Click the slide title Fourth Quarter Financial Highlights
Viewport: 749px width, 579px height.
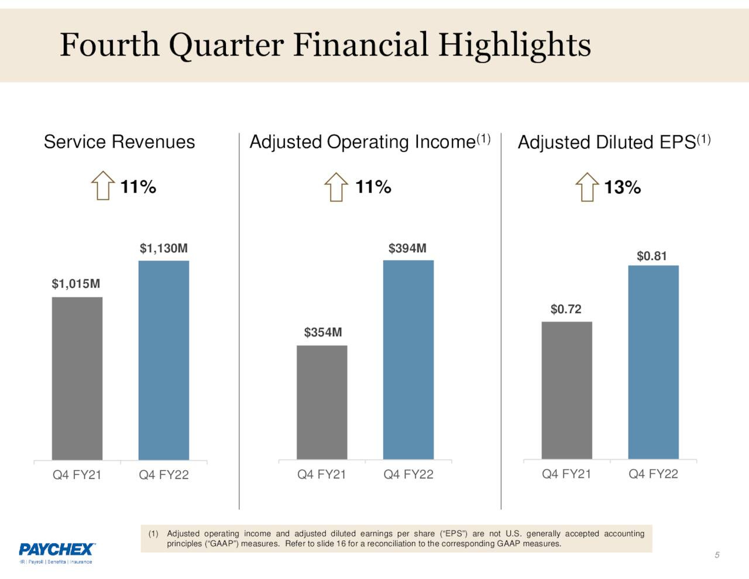pos(325,45)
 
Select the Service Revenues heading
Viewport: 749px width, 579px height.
pos(119,142)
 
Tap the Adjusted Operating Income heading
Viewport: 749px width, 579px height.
pos(363,142)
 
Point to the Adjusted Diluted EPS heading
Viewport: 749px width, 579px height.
pos(607,142)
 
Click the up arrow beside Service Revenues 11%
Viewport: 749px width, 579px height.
pos(103,186)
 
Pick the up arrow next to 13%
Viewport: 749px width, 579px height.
pos(587,187)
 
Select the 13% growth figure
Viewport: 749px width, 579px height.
pos(622,187)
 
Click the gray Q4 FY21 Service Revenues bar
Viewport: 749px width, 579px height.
pos(77,378)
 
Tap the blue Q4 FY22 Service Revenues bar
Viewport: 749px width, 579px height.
pos(164,360)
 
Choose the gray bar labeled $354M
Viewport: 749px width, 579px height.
pos(322,402)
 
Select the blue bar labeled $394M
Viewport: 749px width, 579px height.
pos(408,359)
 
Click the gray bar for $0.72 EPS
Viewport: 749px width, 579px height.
pos(566,390)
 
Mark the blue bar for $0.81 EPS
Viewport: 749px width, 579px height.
pos(653,362)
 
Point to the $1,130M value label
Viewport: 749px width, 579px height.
pos(164,248)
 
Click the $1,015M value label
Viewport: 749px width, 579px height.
pos(76,284)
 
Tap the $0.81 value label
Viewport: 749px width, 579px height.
pos(652,256)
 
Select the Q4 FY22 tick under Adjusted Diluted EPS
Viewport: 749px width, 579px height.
pos(653,474)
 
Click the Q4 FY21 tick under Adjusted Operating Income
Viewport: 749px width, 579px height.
pos(322,475)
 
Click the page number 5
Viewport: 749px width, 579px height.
pos(717,555)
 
